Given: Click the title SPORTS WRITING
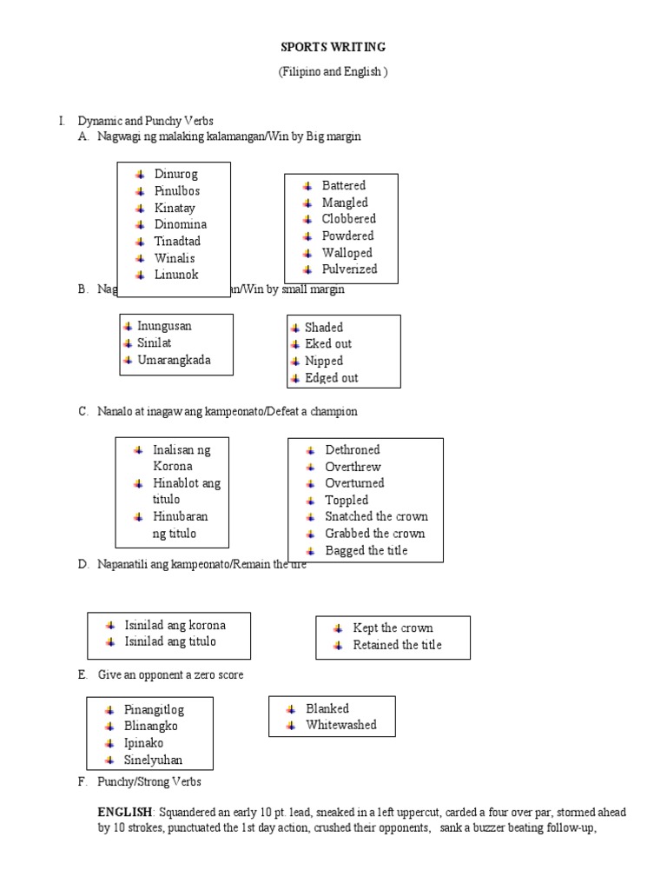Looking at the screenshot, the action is tap(333, 47).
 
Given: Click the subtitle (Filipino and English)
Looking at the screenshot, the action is tap(333, 72).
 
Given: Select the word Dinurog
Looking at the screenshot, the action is tap(176, 174).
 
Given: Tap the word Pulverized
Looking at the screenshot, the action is tap(349, 269).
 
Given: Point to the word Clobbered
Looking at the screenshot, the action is tap(348, 219).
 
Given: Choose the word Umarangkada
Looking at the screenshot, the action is tap(174, 360).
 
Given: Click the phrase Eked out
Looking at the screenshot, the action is tap(328, 344).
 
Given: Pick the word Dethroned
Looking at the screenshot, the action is tap(352, 450).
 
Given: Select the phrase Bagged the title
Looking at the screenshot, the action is tap(366, 551).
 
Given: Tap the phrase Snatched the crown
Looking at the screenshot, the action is tap(376, 517).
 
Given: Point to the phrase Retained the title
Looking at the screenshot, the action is tap(397, 645).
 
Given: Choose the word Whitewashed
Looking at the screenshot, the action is tap(340, 725).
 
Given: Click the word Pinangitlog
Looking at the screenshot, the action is tap(155, 710).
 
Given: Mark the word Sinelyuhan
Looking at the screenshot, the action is tap(154, 760).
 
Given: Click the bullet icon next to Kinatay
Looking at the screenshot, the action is tap(140, 209).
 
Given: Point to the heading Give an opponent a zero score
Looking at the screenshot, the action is tap(170, 675).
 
